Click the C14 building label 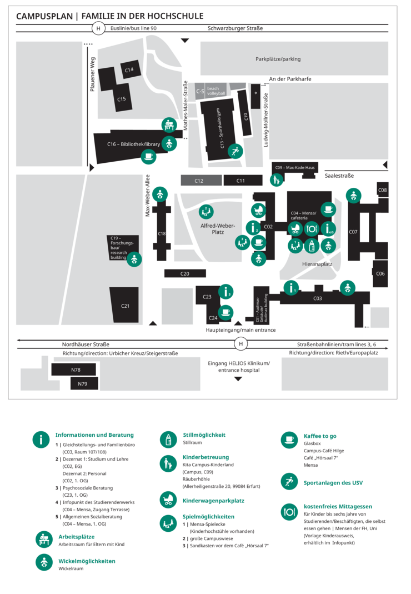click(x=129, y=70)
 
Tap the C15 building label click(x=121, y=99)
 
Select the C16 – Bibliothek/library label click(x=133, y=144)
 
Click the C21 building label click(x=125, y=306)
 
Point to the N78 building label click(x=76, y=370)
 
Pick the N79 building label click(x=82, y=383)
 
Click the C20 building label click(x=185, y=273)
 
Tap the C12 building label click(x=199, y=181)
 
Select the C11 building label click(x=240, y=181)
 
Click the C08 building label click(x=383, y=191)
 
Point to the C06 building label click(x=380, y=273)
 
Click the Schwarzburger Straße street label click(x=235, y=28)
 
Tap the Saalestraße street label click(x=339, y=176)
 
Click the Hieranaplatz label click(x=317, y=264)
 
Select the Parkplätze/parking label click(x=278, y=59)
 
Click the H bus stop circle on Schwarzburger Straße click(x=98, y=28)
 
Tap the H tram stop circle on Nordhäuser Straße click(x=240, y=344)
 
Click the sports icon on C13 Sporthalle click(x=235, y=151)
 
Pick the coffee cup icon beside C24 click(x=225, y=313)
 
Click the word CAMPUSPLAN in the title click(x=44, y=16)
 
